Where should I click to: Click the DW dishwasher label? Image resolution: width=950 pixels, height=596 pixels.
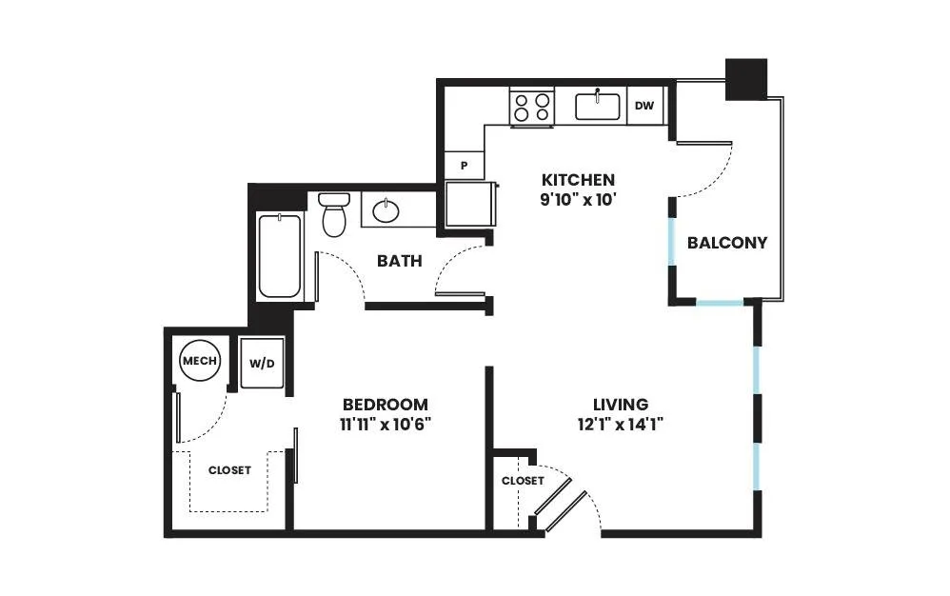644,106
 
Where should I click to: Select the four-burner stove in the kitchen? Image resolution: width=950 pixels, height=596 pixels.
532,107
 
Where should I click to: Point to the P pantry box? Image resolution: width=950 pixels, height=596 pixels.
465,165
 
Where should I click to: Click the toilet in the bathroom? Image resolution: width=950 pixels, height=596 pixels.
334,214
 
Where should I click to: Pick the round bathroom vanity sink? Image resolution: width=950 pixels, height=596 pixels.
386,210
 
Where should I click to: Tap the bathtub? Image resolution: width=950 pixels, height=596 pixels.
280,257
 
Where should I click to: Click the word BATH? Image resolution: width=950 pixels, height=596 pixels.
399,261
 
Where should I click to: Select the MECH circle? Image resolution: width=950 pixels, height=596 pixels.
200,361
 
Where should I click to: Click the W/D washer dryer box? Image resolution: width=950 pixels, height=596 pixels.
262,364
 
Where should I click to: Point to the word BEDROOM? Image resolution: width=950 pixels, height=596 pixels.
386,404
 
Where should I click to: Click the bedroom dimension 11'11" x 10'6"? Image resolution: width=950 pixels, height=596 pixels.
385,424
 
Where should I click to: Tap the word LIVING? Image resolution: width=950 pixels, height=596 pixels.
621,404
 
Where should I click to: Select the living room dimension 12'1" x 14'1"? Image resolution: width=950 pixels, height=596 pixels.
621,424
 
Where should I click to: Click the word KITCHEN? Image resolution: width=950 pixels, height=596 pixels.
578,180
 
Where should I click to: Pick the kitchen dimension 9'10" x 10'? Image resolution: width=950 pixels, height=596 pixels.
578,199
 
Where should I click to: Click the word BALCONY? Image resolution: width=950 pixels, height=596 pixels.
727,243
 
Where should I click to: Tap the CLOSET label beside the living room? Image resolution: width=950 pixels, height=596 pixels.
523,480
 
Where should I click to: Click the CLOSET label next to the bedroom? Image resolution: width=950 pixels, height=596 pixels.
229,470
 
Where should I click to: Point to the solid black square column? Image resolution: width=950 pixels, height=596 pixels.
746,79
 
